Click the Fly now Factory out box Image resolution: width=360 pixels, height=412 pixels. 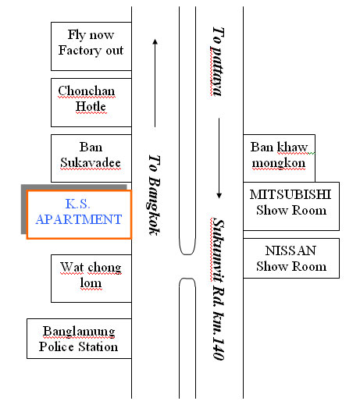91,46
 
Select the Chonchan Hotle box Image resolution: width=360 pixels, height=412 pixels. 91,102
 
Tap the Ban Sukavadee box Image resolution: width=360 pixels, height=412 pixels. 91,158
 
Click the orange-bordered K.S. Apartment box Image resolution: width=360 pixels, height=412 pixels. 79,215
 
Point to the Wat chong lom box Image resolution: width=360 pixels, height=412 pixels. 91,279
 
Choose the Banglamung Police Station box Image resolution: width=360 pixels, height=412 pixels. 79,339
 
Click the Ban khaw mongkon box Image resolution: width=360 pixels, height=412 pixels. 279,158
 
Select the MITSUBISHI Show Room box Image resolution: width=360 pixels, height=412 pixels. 291,206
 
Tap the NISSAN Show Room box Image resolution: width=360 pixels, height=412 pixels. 291,258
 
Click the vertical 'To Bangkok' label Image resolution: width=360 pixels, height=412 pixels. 154,195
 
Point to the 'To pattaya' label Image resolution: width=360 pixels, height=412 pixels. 218,62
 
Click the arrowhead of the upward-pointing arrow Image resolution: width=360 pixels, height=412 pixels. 155,41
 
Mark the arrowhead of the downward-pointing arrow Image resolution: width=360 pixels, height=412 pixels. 219,196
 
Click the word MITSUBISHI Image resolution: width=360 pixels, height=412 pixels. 290,195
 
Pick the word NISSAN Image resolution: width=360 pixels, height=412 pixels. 290,250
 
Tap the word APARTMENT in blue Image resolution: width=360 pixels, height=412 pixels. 79,219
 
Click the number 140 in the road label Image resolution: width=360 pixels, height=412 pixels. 218,349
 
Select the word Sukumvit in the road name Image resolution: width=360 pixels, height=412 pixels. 218,251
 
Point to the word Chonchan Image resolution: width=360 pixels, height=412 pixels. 87,91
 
